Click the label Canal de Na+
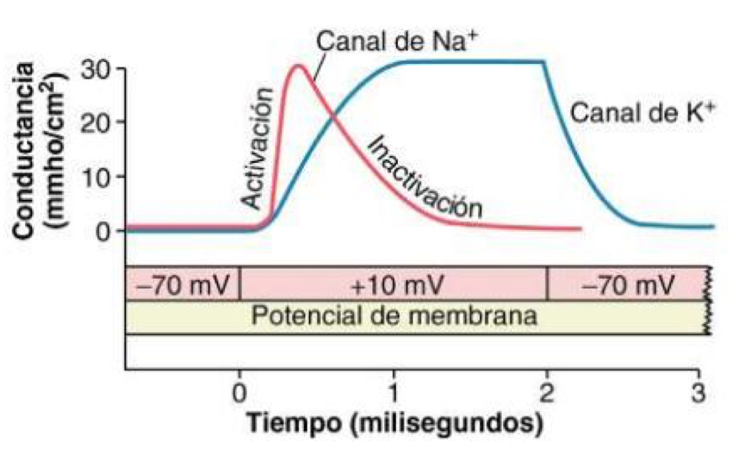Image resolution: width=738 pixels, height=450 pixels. (401, 43)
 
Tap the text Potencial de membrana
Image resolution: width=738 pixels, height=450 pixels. (394, 316)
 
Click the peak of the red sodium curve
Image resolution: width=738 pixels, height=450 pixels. (298, 65)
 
